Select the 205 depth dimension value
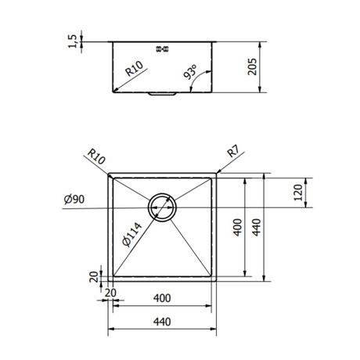coord(252,68)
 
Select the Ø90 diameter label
coord(74,200)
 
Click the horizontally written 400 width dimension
coord(162,298)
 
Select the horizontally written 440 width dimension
coord(162,320)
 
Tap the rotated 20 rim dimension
coord(94,276)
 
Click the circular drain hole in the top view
coord(164,207)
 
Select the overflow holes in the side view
coord(164,49)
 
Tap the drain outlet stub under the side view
coord(164,95)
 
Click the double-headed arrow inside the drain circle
coord(164,207)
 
